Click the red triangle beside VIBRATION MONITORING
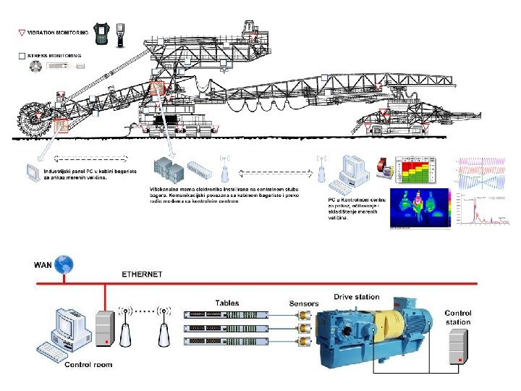tap(22, 33)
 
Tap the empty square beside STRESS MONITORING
tap(22, 55)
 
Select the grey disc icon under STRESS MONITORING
tap(35, 66)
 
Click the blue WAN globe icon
tap(67, 264)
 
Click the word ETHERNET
tap(141, 275)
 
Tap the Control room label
tap(88, 365)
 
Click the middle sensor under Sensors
tap(302, 327)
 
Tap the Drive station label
tap(356, 297)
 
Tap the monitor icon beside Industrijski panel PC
tap(33, 173)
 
